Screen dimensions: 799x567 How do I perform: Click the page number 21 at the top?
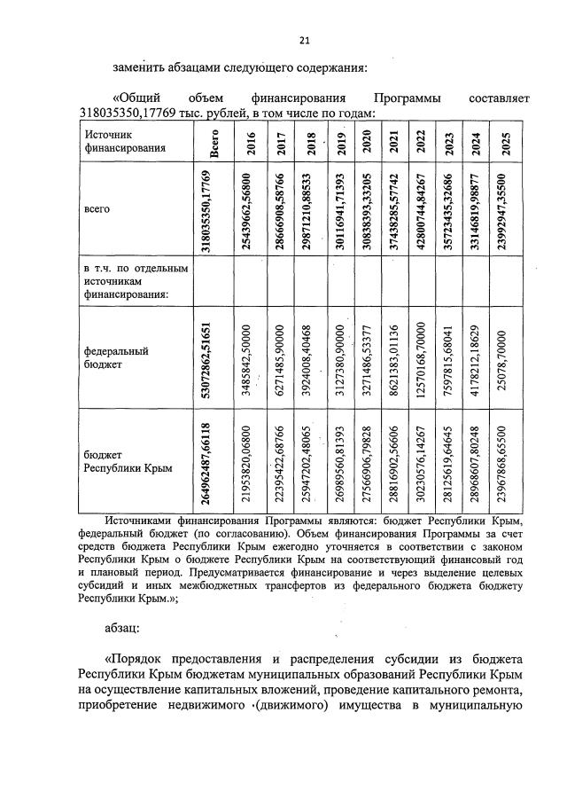[305, 40]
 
